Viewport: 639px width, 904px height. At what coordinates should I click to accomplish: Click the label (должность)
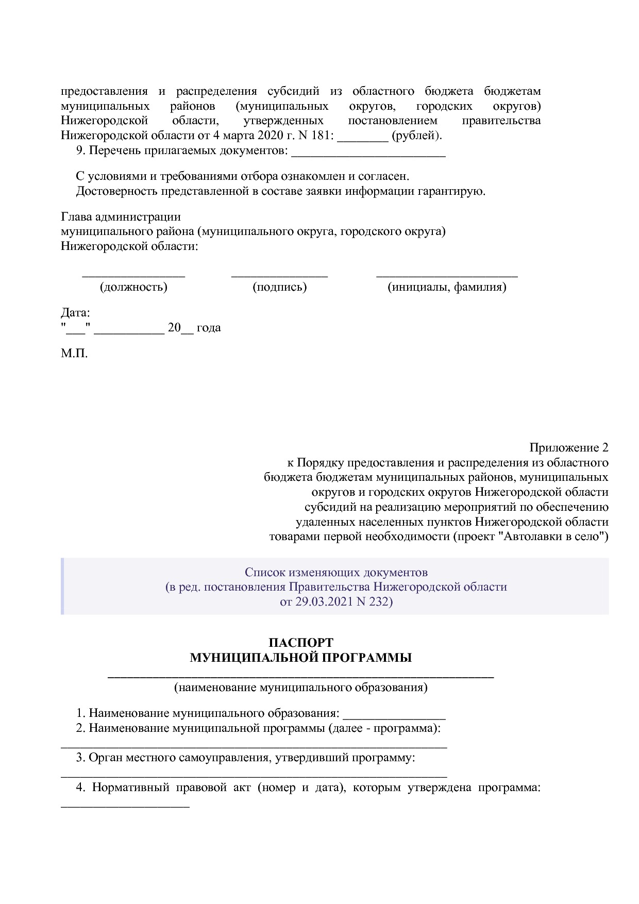click(133, 287)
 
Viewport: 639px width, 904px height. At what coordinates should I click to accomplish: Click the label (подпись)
click(279, 287)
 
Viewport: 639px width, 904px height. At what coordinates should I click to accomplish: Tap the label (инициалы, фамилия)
click(447, 287)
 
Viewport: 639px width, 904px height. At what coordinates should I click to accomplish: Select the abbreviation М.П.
click(74, 354)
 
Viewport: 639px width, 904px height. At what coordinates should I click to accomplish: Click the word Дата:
click(75, 313)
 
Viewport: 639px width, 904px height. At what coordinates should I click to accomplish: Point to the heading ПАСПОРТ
click(301, 643)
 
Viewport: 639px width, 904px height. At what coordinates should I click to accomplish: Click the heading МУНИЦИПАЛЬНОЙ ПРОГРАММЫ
click(301, 658)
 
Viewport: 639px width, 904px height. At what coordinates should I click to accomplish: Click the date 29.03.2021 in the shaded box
click(324, 601)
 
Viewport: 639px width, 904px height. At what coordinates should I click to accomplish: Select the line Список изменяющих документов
click(336, 572)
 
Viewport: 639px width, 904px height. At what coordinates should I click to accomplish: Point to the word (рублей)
click(416, 136)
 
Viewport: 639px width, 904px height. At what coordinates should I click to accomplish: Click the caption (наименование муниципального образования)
click(301, 687)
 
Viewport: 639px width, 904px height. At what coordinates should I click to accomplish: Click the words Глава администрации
click(121, 217)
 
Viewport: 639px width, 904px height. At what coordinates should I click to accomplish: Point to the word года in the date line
click(209, 328)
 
